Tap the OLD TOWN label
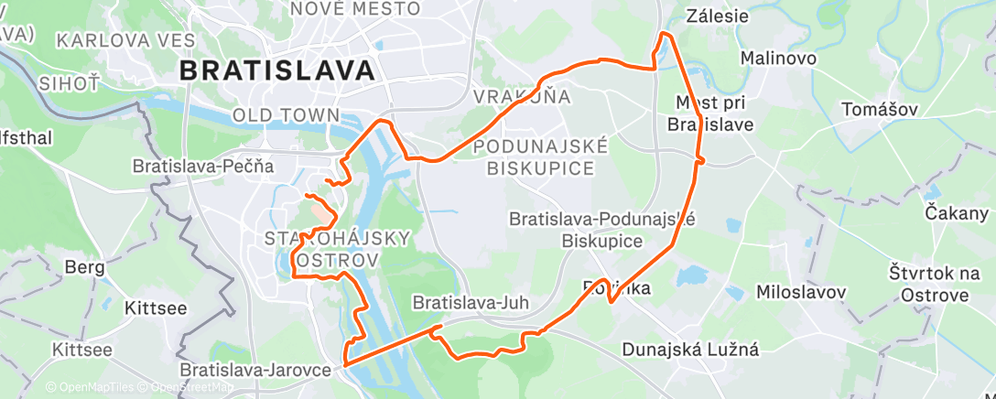tap(287, 116)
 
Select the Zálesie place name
tap(717, 16)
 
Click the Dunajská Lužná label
tap(690, 349)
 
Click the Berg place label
tap(84, 267)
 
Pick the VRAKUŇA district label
tap(522, 96)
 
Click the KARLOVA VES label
tap(125, 40)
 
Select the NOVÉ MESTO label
tap(354, 9)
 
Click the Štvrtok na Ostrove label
tap(927, 283)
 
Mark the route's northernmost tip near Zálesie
tap(666, 34)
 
